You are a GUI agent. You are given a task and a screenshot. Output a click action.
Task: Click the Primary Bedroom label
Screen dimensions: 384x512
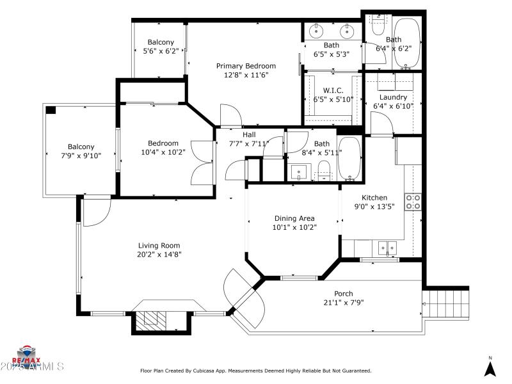click(x=246, y=66)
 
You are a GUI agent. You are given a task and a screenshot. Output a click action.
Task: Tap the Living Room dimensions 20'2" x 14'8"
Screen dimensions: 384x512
click(x=159, y=254)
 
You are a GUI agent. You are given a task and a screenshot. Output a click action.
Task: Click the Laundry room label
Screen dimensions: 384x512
click(x=393, y=97)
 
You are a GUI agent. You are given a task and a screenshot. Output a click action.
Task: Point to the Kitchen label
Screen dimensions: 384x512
click(x=375, y=198)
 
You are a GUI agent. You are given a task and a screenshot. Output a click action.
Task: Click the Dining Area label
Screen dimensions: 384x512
click(x=294, y=218)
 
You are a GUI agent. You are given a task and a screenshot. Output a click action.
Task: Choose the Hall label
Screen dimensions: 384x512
click(x=249, y=135)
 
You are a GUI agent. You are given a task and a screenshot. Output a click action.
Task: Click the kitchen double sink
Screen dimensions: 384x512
click(x=387, y=246)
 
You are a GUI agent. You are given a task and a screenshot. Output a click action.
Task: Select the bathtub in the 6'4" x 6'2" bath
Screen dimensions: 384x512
click(x=406, y=42)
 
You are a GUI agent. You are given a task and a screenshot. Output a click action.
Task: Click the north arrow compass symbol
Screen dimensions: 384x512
click(x=490, y=368)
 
